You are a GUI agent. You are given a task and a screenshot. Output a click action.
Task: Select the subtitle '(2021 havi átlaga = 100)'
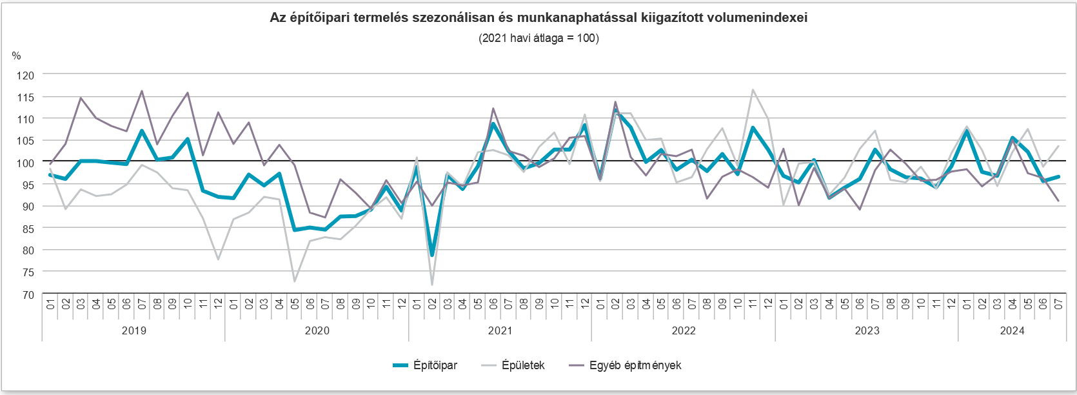pos(538,38)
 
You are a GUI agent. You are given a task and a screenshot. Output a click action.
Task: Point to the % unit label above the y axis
pos(17,56)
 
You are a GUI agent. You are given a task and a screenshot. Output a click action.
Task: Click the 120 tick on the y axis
pos(25,76)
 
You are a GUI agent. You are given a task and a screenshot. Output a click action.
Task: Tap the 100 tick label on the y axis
pos(25,163)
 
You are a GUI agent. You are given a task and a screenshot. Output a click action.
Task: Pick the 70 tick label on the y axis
pos(28,295)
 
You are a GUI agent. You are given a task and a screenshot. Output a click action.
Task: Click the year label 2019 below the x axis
pos(133,330)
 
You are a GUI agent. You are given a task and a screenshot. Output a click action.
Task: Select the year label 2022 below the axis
pos(684,330)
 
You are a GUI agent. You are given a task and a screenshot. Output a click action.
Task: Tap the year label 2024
pos(1012,330)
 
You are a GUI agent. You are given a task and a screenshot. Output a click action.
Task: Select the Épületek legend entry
pos(522,365)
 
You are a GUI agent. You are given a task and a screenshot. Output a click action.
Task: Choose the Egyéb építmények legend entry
pos(635,365)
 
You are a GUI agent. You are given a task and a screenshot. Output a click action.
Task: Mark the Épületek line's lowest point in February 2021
pos(432,285)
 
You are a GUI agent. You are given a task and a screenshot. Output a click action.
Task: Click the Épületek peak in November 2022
pos(753,90)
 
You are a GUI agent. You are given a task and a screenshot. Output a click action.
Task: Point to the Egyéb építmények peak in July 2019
pos(142,91)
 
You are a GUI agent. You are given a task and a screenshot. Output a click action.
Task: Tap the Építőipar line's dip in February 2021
pos(432,255)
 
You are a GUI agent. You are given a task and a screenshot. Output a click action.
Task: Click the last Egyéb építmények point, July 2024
pos(1058,201)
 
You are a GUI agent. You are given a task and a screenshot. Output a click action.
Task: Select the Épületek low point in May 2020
pos(295,281)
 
